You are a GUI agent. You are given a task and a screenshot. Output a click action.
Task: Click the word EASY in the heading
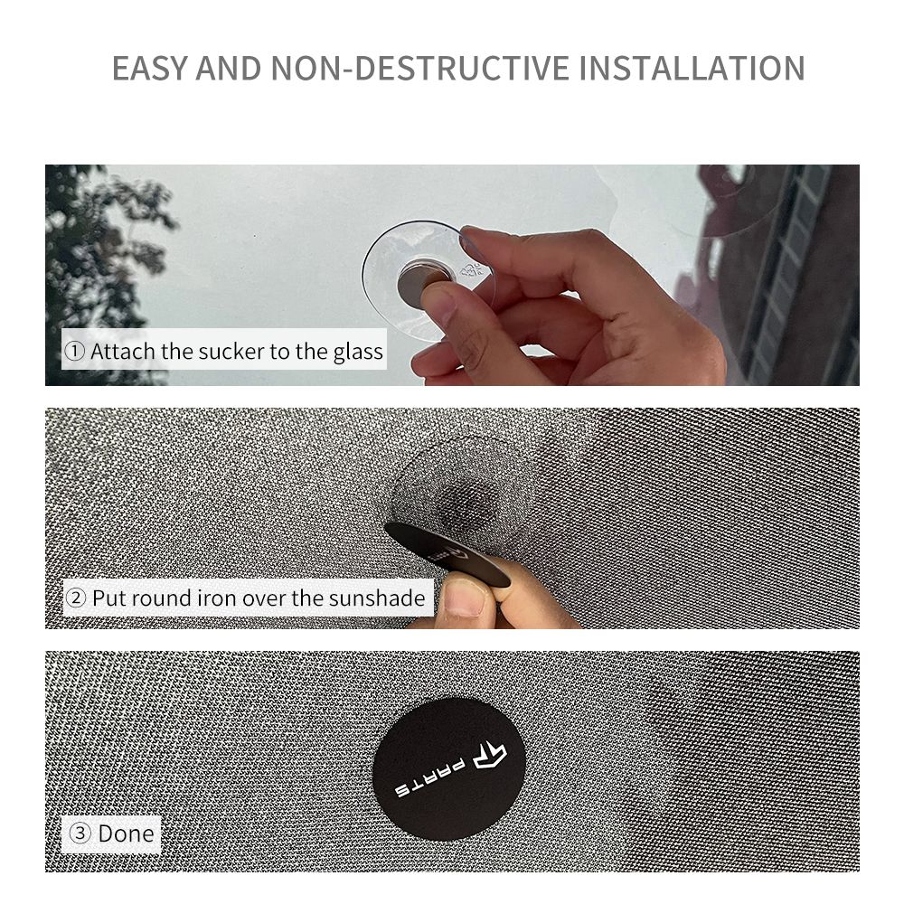[150, 68]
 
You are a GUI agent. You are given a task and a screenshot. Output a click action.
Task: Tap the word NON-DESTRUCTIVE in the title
[420, 68]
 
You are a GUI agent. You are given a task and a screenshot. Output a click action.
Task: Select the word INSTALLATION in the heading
[692, 68]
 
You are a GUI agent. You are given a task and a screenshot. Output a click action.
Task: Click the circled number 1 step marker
[74, 351]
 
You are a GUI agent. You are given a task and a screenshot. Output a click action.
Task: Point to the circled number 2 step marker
[76, 598]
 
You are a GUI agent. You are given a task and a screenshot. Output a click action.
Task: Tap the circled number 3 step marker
[80, 833]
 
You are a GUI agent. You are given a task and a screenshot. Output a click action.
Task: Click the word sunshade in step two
[377, 598]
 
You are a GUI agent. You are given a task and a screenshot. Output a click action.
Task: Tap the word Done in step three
[126, 833]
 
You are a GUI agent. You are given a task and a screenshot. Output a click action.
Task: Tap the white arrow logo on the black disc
[490, 755]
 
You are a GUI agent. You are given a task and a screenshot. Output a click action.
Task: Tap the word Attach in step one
[123, 351]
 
